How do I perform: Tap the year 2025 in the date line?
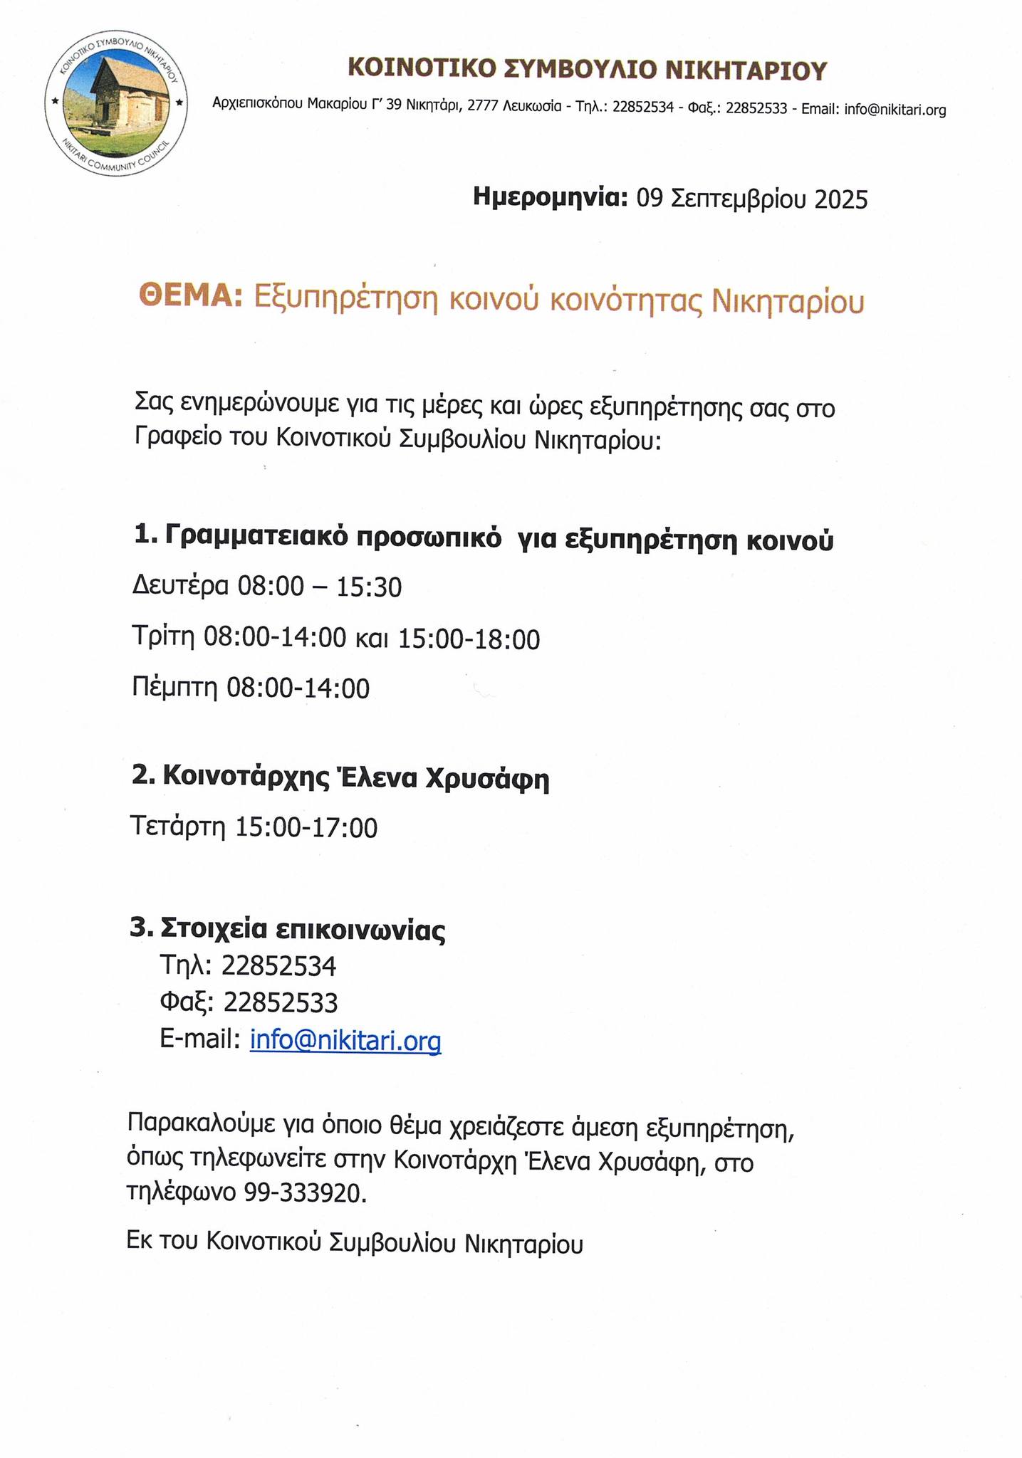[x=840, y=199]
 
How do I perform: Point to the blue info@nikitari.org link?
[x=345, y=1040]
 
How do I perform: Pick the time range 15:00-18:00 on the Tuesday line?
[x=469, y=639]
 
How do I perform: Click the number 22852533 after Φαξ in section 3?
[x=281, y=1003]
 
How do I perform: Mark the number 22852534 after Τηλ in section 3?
[x=278, y=966]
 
